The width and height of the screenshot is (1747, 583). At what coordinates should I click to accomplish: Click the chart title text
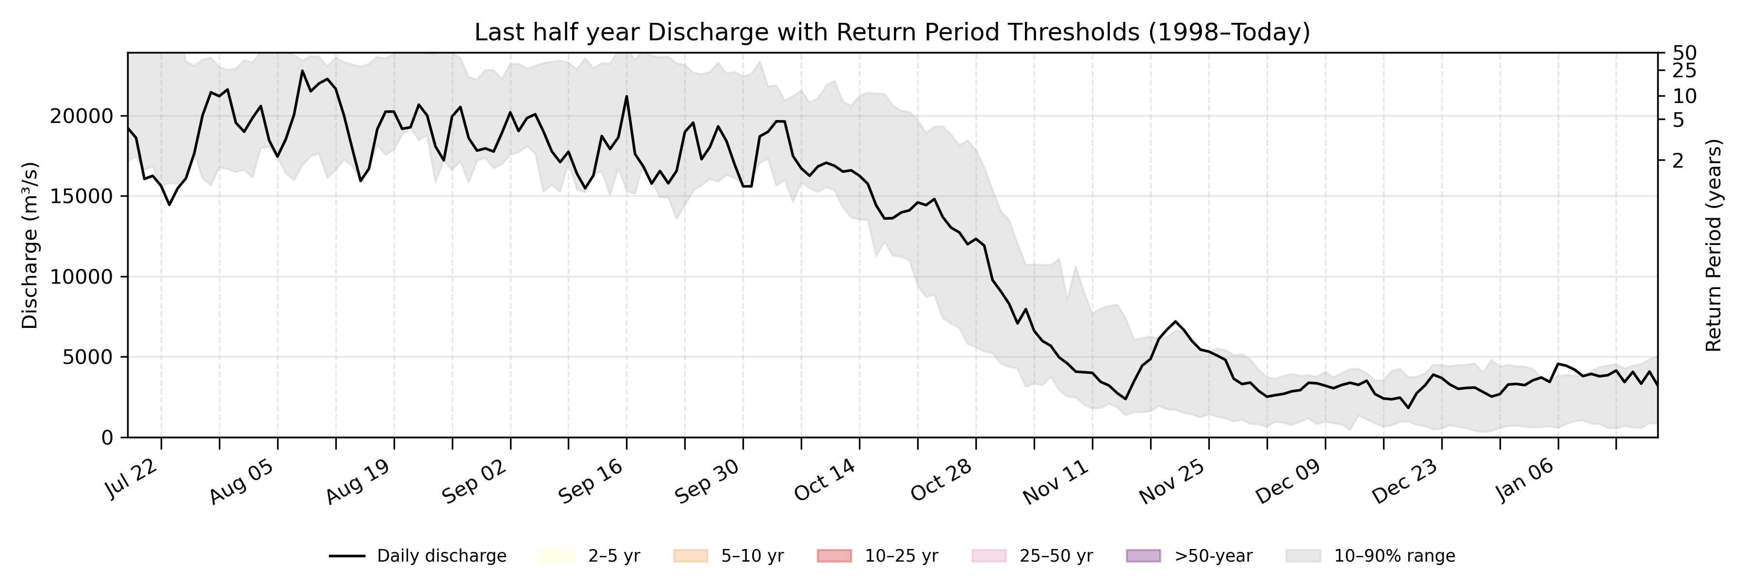[x=892, y=32]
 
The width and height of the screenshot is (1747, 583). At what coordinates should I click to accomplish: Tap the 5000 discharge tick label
[x=87, y=357]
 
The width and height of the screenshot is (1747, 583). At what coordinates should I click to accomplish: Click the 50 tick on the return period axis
[x=1684, y=53]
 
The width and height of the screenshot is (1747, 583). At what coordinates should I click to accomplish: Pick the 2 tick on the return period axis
[x=1678, y=160]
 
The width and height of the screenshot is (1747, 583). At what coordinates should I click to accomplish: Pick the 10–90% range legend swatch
[x=1303, y=556]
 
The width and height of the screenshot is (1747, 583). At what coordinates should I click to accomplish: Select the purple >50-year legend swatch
[x=1143, y=556]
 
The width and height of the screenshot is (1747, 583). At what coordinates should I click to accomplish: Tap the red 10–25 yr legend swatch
[x=834, y=556]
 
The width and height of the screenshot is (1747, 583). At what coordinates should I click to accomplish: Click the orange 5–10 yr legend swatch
[x=691, y=556]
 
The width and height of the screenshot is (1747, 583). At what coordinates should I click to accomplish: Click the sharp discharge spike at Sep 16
[x=626, y=96]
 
